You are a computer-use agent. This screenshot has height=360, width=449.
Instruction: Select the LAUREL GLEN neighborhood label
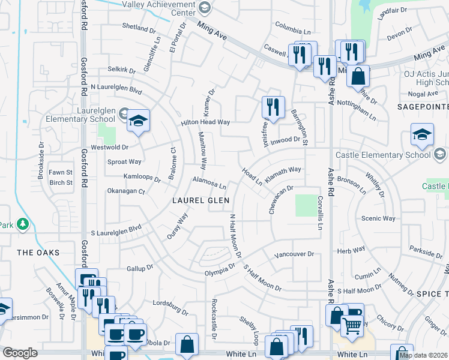click(x=201, y=200)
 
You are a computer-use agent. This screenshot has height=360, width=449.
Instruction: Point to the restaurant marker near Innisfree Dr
click(x=273, y=107)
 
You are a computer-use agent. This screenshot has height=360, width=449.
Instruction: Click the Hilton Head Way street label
click(x=206, y=122)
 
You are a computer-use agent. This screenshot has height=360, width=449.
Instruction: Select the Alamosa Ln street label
click(x=209, y=182)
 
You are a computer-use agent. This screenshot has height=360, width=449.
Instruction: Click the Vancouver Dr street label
click(x=294, y=254)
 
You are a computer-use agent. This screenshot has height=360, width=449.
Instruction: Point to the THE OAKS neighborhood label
click(x=38, y=253)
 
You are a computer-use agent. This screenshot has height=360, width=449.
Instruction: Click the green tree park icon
click(x=23, y=224)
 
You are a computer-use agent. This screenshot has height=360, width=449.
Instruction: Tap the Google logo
click(x=20, y=353)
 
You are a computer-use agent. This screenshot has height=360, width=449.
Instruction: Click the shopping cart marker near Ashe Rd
click(x=352, y=326)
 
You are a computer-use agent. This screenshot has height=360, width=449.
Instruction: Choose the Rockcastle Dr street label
click(x=214, y=322)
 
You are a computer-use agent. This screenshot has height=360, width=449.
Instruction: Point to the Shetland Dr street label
click(x=139, y=28)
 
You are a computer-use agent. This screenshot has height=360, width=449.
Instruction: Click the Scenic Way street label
click(x=378, y=219)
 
